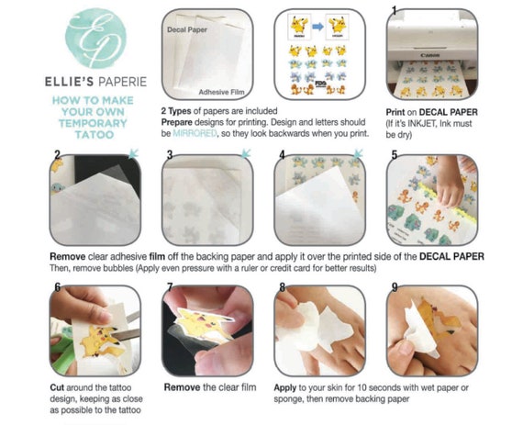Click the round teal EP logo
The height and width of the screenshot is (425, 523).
[x=95, y=38]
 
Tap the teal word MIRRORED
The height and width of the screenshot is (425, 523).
[x=195, y=133]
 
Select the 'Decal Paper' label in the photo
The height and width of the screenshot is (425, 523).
[x=187, y=29]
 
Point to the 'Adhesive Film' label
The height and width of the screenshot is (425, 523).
[x=221, y=92]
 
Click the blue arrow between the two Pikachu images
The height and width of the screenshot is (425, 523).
[x=317, y=27]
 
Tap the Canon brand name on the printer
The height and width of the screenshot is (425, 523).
[x=430, y=55]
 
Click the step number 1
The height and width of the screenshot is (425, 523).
[x=394, y=11]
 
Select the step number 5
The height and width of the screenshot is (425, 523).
[x=395, y=155]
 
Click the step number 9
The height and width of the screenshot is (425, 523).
[x=395, y=287]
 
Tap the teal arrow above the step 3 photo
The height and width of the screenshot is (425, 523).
[x=246, y=153]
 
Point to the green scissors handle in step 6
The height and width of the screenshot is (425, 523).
[x=61, y=351]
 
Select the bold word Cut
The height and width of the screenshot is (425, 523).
[x=57, y=387]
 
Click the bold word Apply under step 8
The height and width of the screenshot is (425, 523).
[x=285, y=388]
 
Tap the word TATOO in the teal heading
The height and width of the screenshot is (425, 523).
[x=95, y=135]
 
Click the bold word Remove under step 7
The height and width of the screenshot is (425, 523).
[x=182, y=387]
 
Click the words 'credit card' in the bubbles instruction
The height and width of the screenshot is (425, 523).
[x=295, y=268]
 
